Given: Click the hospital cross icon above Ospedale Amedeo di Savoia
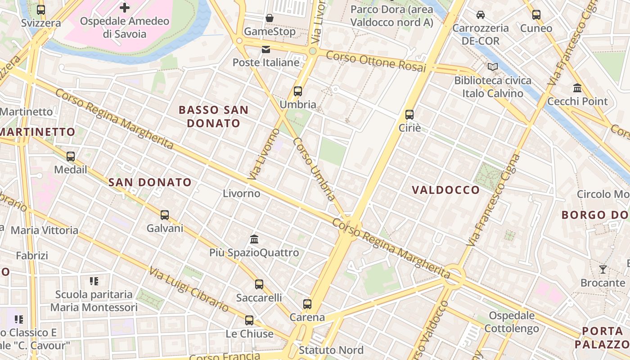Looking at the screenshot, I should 125,8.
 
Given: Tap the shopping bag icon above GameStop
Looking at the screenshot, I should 270,18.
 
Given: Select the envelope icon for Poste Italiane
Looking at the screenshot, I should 266,49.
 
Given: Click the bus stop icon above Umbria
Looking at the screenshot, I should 297,91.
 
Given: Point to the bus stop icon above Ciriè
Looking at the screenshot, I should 409,115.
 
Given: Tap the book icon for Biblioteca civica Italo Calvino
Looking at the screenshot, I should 493,67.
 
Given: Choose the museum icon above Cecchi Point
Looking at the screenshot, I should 577,88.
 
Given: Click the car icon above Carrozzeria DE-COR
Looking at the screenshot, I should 481,15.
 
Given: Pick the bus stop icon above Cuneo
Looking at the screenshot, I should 536,15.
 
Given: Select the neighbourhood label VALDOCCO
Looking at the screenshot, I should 446,190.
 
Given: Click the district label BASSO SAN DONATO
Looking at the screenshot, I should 213,117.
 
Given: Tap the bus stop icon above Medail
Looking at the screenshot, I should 71,157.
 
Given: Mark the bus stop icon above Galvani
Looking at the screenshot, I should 165,215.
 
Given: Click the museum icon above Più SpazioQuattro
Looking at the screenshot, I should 254,239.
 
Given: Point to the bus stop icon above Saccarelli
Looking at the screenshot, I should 259,284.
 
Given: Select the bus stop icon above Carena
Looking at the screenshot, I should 307,304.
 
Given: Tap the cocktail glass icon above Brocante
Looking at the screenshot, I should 603,270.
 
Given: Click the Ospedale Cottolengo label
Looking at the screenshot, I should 512,322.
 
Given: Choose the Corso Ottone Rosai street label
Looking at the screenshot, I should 375,61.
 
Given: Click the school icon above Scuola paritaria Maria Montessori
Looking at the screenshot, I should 94,281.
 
